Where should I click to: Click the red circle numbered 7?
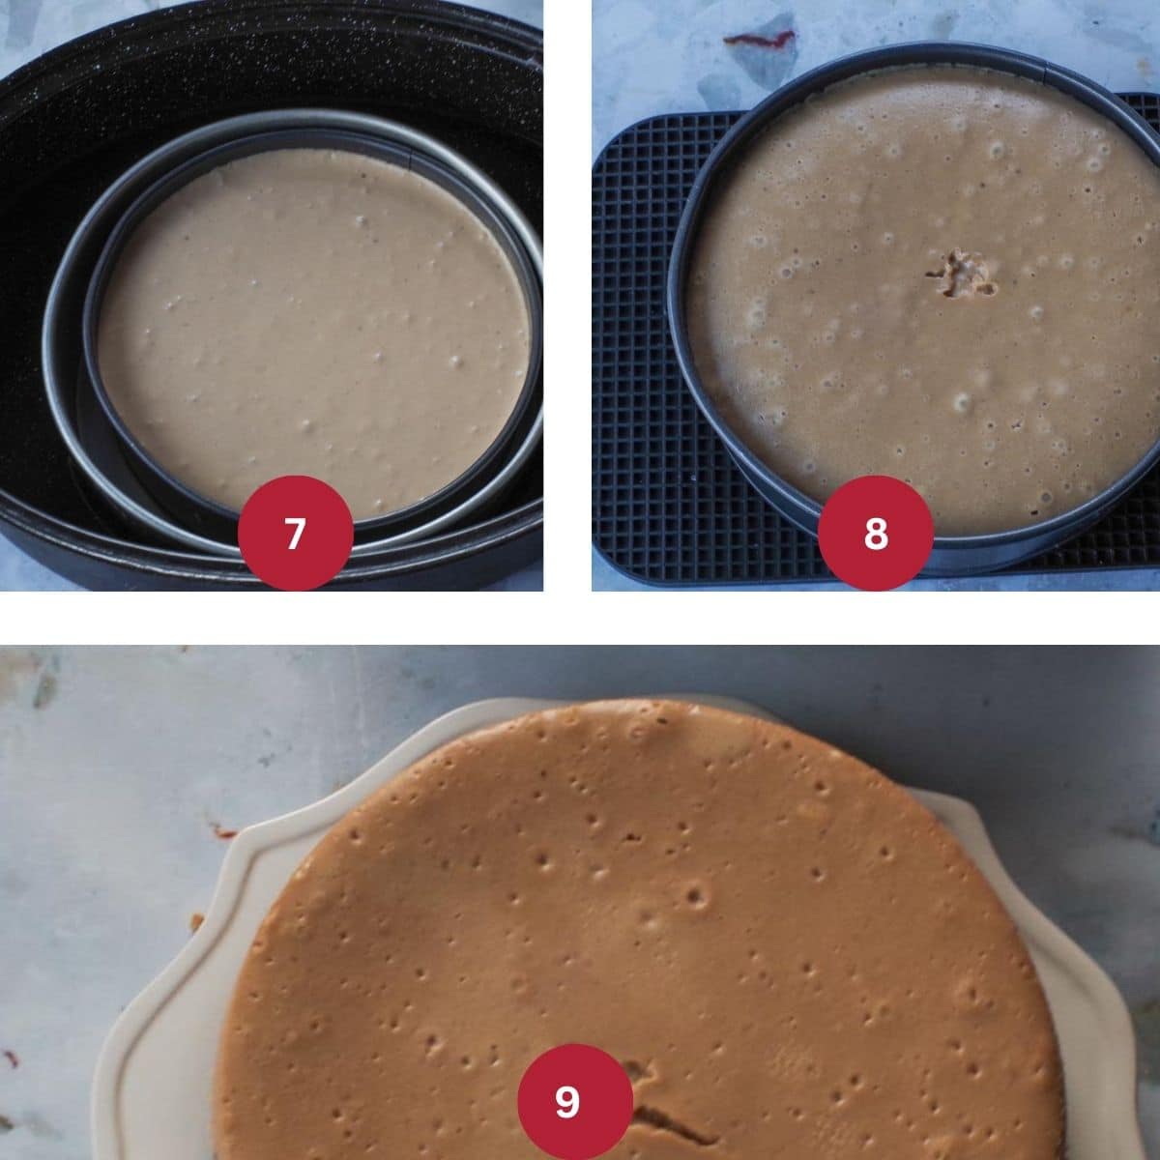(295, 533)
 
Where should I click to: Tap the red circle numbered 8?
(875, 533)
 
